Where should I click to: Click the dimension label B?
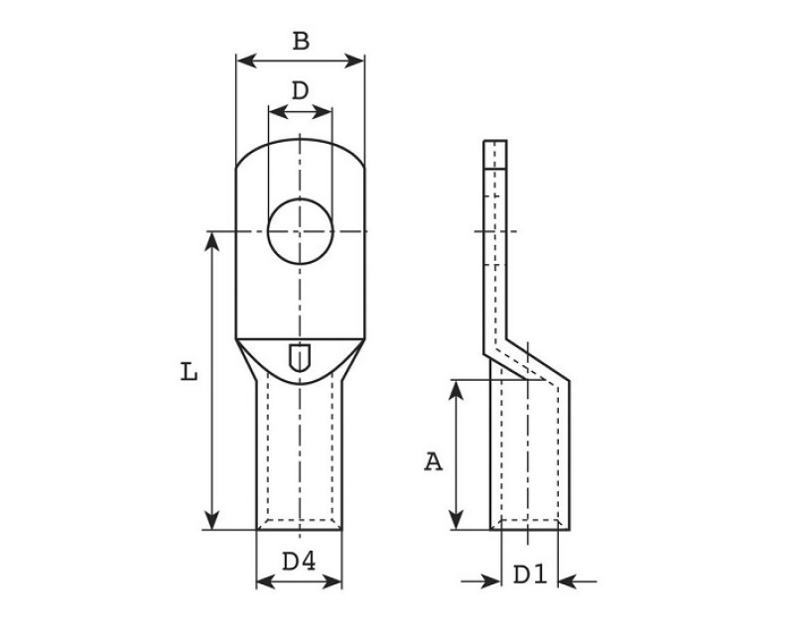click(x=302, y=41)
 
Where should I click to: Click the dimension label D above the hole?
click(x=301, y=91)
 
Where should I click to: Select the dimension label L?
click(x=189, y=372)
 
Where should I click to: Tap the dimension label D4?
click(x=299, y=562)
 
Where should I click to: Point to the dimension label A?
click(x=433, y=462)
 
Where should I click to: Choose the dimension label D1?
click(x=530, y=574)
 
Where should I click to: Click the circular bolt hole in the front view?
click(x=301, y=231)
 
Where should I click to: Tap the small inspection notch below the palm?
click(x=300, y=357)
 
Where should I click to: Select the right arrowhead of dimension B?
click(x=354, y=61)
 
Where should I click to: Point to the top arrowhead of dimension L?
click(x=212, y=241)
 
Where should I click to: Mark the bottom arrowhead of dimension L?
click(x=212, y=521)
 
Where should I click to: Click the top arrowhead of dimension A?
click(x=457, y=390)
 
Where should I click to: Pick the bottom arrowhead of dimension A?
click(x=457, y=521)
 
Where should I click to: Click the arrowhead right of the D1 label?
click(x=568, y=581)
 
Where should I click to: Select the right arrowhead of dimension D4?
click(x=332, y=581)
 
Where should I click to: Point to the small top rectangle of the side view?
click(x=494, y=154)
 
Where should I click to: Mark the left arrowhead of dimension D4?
click(x=266, y=581)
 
